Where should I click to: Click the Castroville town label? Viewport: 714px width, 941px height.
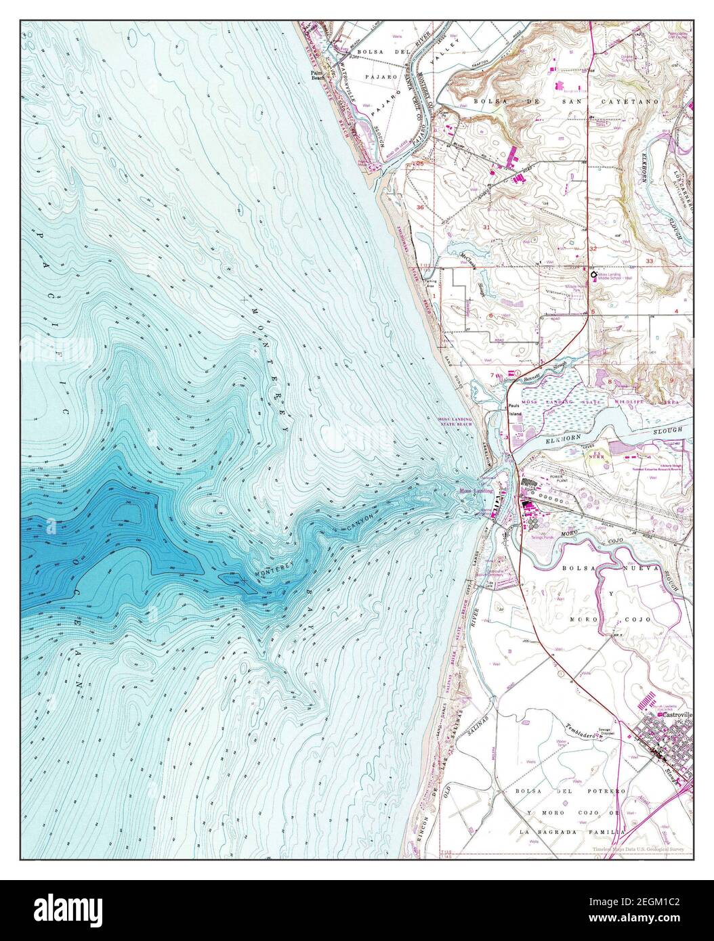coord(675,715)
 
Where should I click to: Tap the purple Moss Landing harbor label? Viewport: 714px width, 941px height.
coord(475,491)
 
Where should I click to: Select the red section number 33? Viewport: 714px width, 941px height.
coord(650,260)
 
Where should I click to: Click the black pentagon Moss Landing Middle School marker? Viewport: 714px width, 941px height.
coord(593,274)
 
